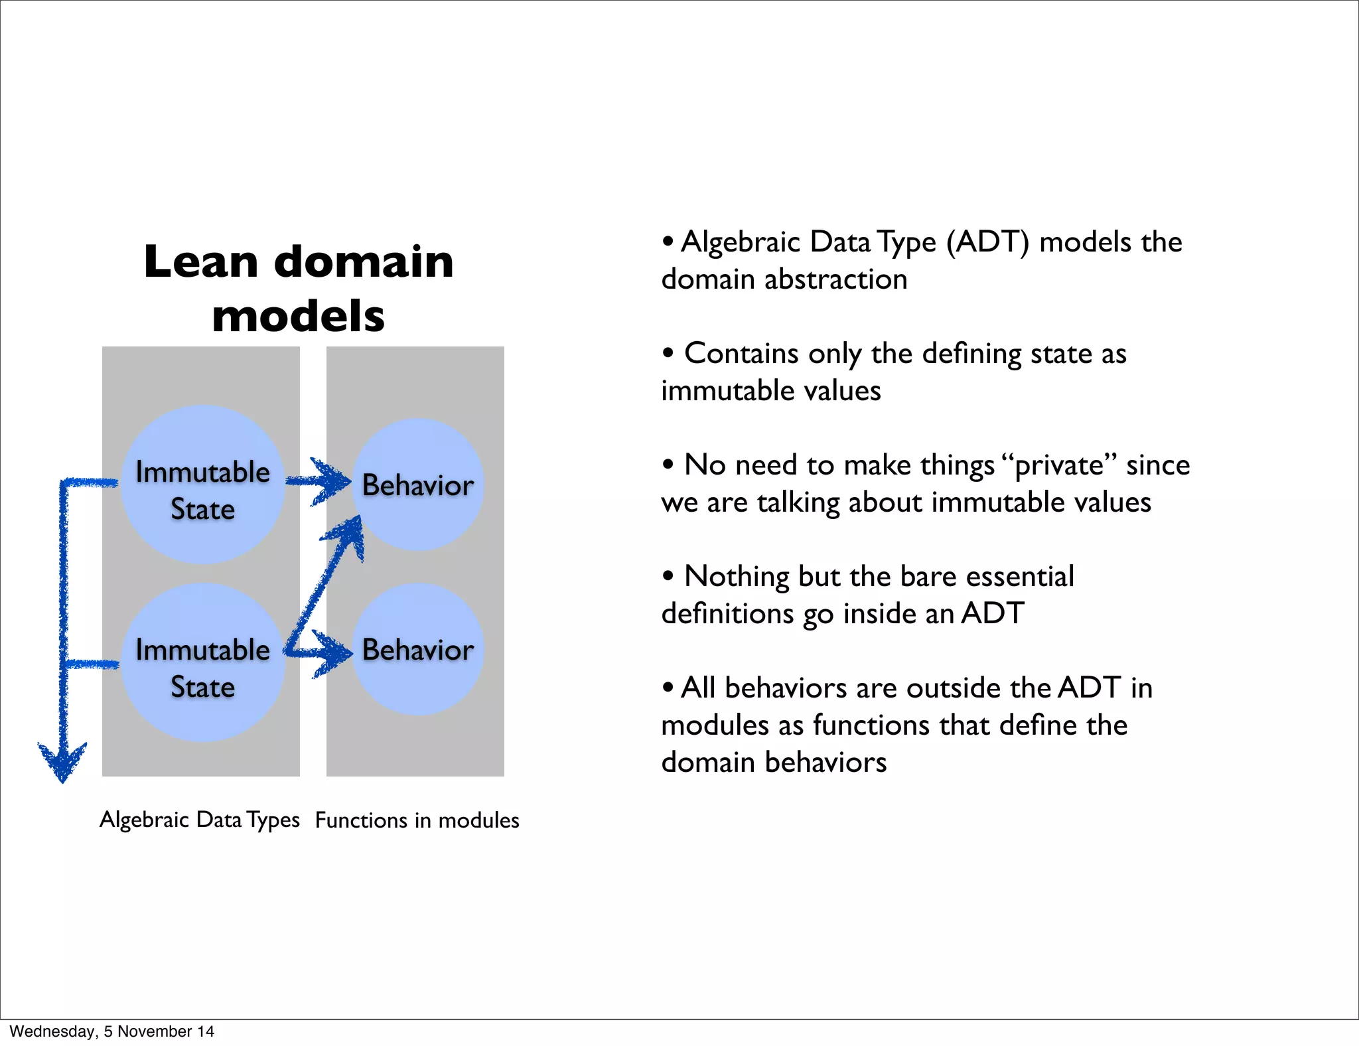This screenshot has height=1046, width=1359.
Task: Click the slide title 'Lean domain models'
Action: click(x=299, y=287)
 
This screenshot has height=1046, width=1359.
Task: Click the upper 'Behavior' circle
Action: click(x=418, y=485)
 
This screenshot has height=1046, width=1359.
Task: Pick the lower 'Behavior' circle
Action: click(x=418, y=650)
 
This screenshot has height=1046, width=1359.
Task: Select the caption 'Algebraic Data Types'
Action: click(x=200, y=820)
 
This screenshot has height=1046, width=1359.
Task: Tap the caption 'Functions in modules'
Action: click(x=417, y=820)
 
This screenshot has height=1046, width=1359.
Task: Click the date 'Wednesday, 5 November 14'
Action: click(x=112, y=1031)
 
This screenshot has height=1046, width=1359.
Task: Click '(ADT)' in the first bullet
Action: click(x=987, y=242)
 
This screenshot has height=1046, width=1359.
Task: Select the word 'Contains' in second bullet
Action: click(x=741, y=353)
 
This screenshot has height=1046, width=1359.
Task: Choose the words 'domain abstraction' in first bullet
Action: click(x=784, y=279)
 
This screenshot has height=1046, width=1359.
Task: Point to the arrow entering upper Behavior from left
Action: click(x=329, y=481)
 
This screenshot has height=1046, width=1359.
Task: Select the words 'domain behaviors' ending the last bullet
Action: click(x=774, y=762)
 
